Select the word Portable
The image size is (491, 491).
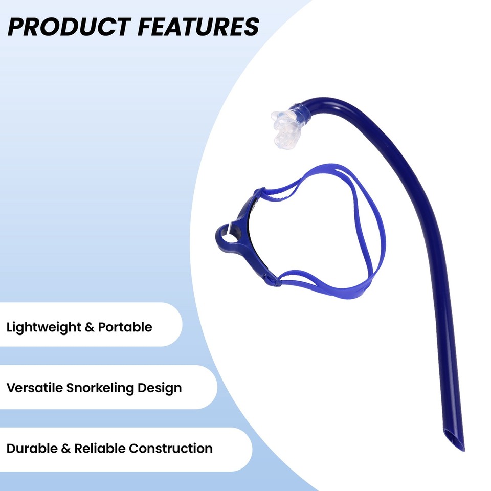[125, 327]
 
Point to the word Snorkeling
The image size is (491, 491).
[103, 388]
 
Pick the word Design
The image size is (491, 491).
[162, 388]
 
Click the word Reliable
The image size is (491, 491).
[99, 449]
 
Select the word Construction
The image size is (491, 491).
[171, 449]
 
